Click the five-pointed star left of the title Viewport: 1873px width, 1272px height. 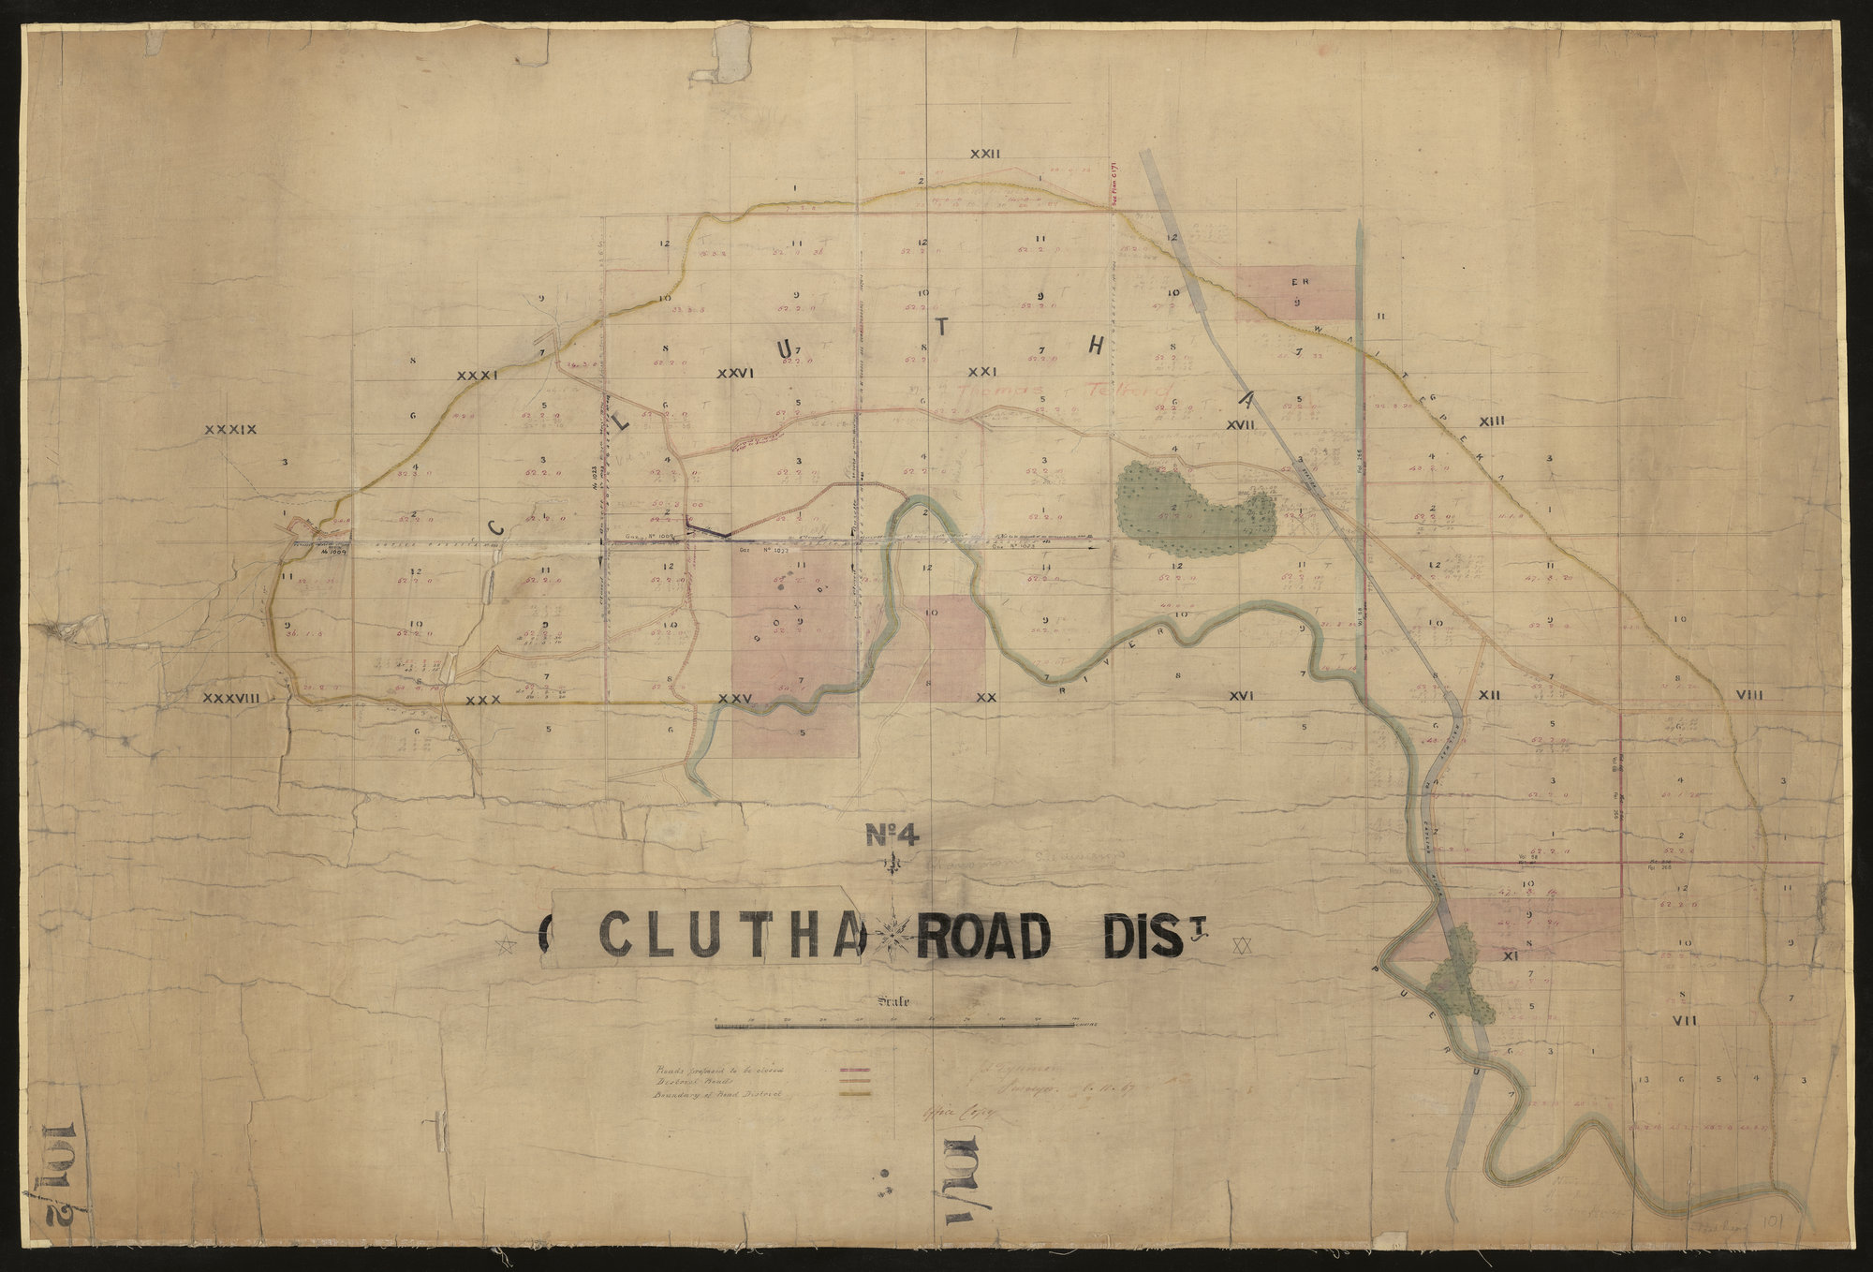click(509, 947)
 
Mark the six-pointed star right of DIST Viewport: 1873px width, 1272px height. click(1243, 945)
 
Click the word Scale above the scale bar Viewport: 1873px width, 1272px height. click(895, 1000)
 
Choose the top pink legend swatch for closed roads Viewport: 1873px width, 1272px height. click(858, 1069)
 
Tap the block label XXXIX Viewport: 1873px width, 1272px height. click(230, 430)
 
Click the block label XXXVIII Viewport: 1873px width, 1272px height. click(230, 698)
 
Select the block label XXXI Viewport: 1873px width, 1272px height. click(476, 376)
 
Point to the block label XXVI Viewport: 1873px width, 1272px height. click(735, 373)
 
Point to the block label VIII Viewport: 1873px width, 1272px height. click(1748, 694)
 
